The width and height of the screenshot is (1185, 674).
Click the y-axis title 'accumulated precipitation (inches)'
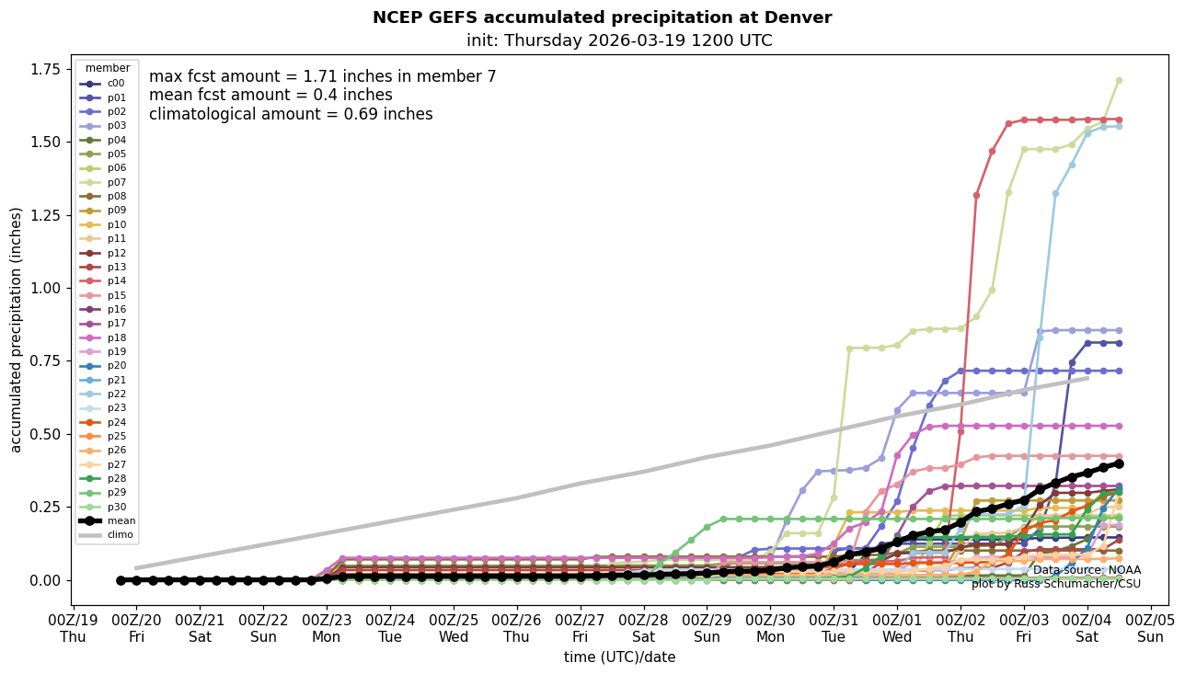point(16,329)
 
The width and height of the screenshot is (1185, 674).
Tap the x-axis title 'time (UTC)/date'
point(619,657)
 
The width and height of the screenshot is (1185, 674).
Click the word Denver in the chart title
point(802,17)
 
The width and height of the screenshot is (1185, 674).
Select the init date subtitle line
point(619,40)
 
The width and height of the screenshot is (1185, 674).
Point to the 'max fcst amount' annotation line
point(322,77)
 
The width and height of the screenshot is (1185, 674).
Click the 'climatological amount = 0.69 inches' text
point(291,115)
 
